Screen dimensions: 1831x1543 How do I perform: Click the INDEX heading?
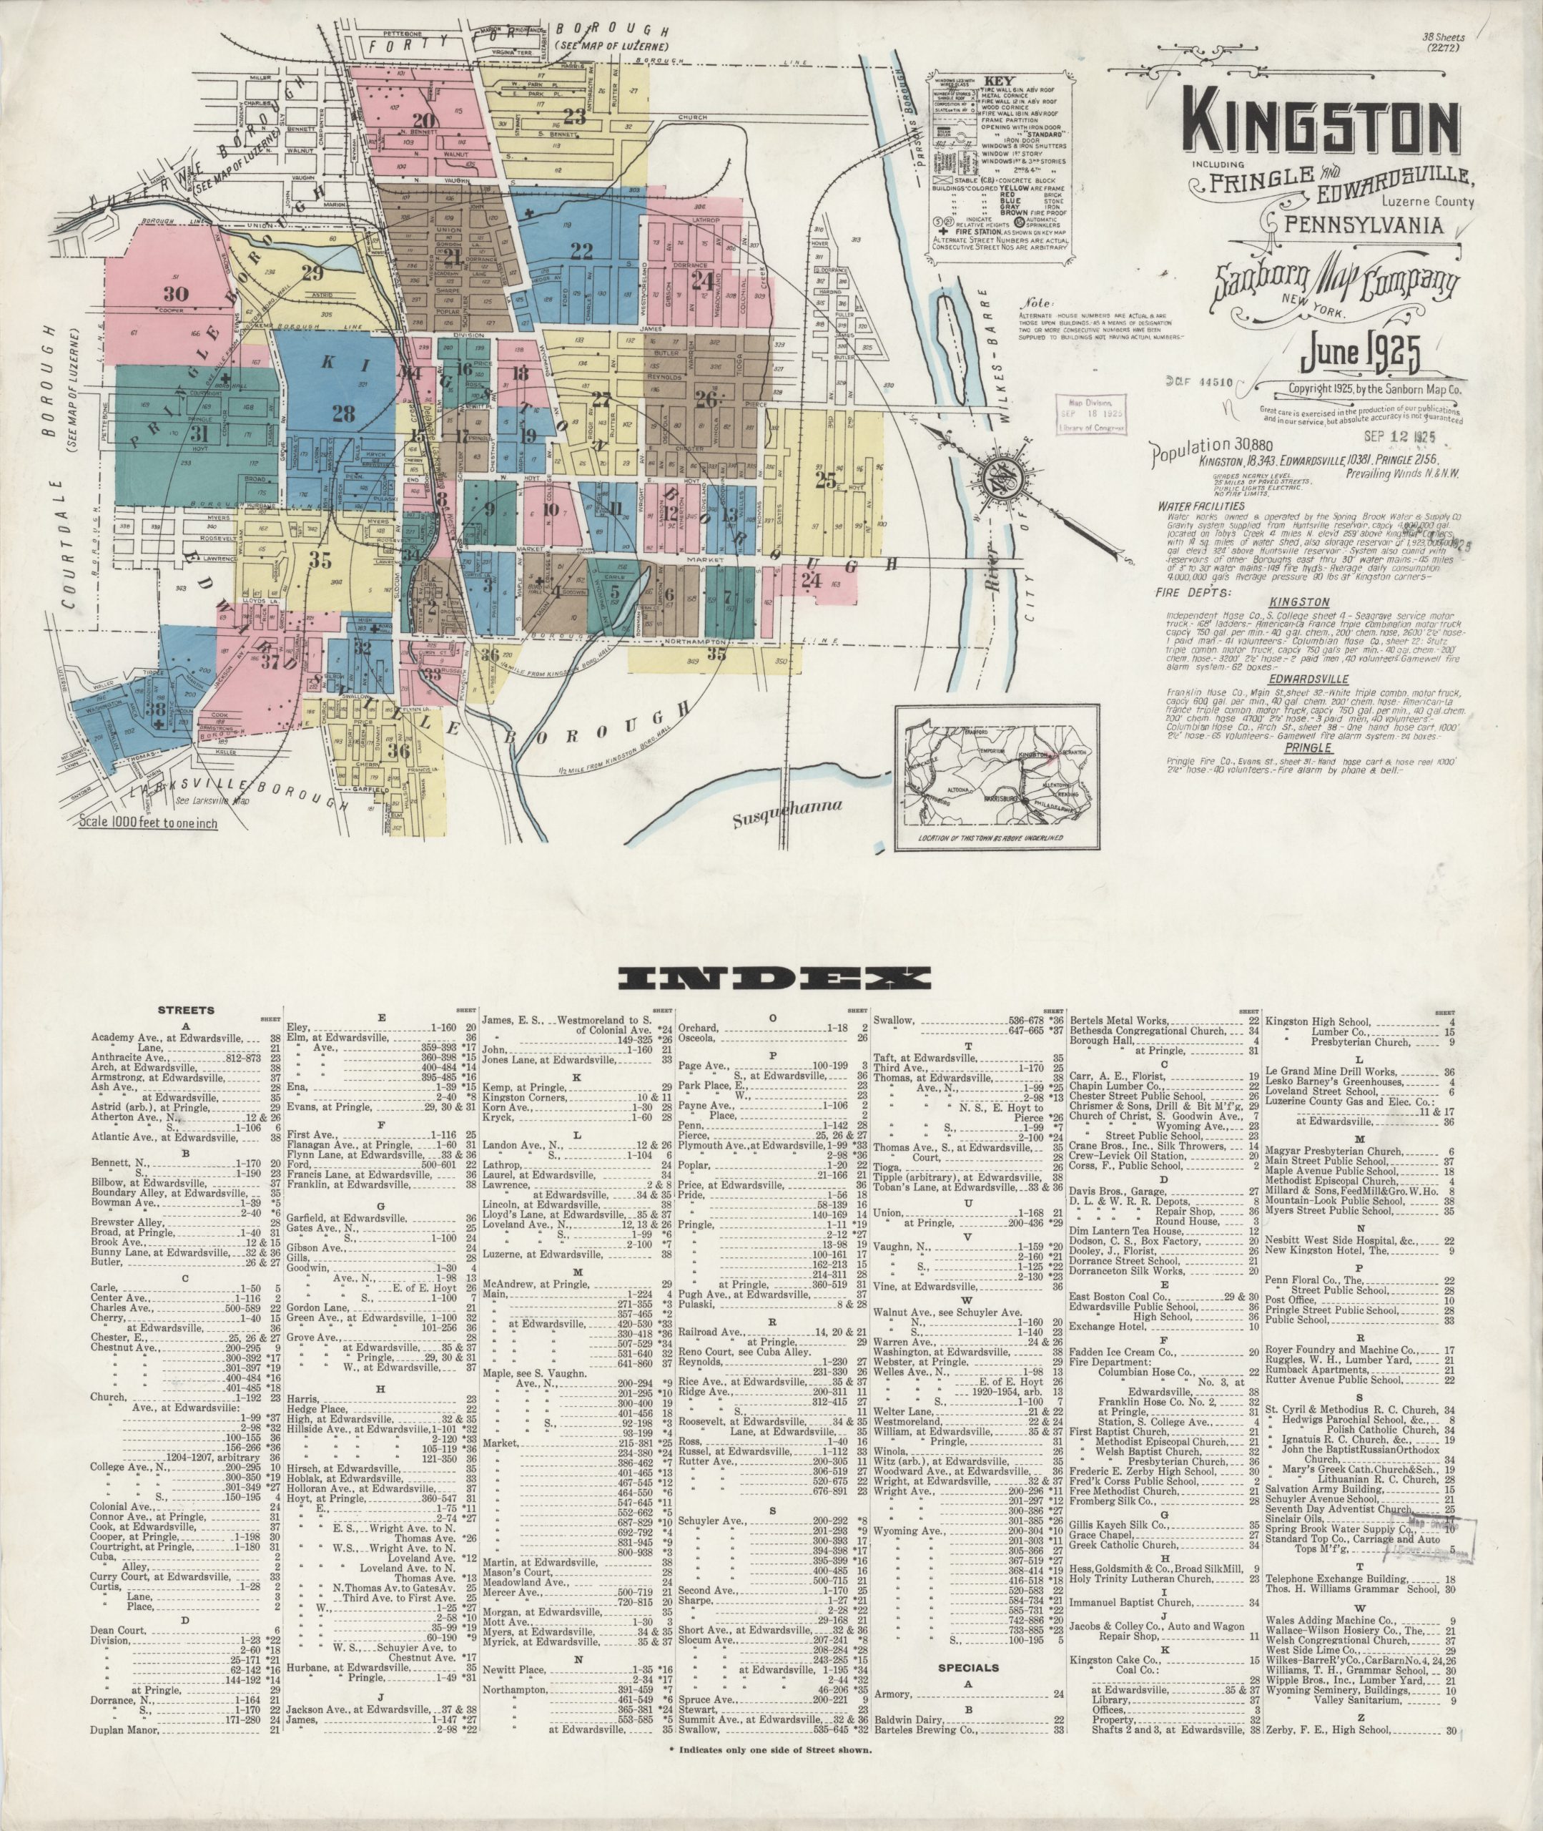(x=771, y=978)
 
